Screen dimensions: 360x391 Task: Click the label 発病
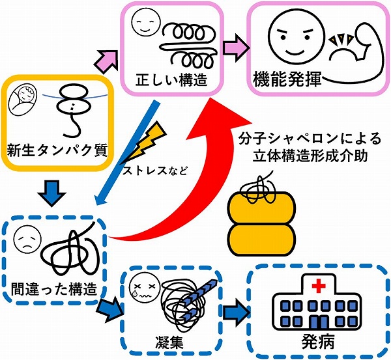pos(317,341)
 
